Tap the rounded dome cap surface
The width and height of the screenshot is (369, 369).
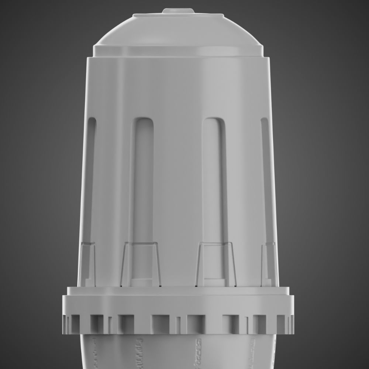click(x=177, y=31)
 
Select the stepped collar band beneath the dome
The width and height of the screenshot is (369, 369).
click(x=179, y=51)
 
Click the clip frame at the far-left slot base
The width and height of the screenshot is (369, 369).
click(x=87, y=264)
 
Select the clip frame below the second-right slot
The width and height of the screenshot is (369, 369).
click(x=216, y=264)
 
